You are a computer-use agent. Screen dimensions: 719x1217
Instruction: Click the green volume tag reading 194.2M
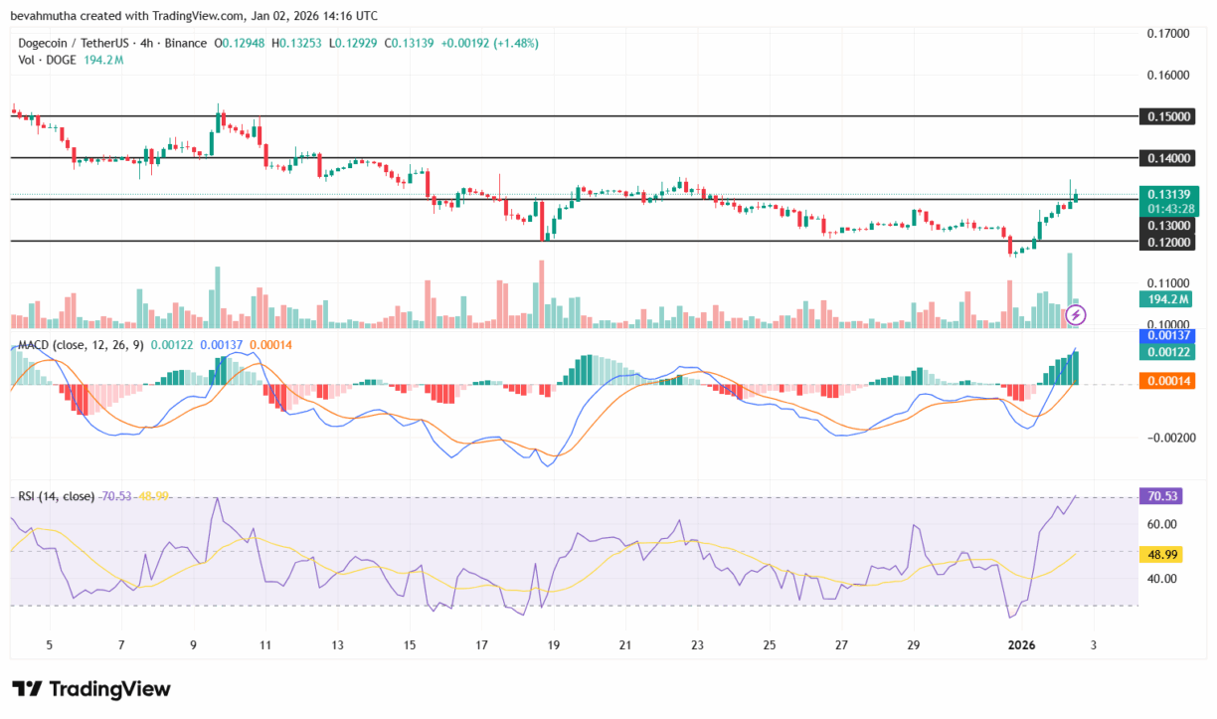(1165, 298)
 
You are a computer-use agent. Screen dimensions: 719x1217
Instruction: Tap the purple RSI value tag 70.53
(1165, 496)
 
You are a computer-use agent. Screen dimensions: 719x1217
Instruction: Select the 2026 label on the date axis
(1022, 645)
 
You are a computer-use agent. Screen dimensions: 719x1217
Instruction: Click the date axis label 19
(553, 645)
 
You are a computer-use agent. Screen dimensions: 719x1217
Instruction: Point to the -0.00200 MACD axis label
(1170, 438)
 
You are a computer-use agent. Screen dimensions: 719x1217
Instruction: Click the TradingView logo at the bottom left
(91, 689)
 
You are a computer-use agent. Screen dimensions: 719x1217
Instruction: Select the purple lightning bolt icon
(1076, 315)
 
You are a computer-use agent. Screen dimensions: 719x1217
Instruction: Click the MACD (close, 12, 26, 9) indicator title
(81, 344)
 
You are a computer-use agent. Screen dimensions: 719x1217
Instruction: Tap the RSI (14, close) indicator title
(56, 496)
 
